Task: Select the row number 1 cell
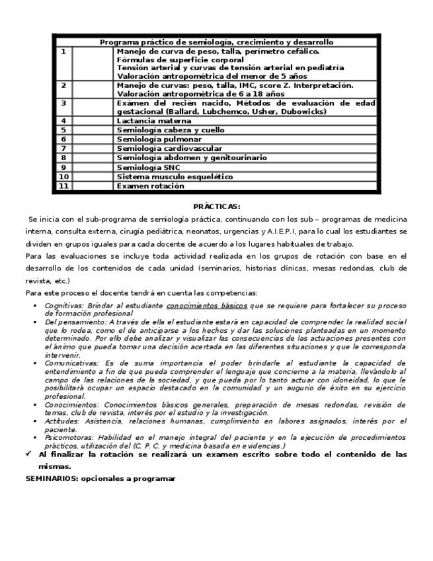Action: (63, 51)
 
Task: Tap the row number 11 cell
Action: (64, 187)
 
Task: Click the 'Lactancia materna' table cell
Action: (154, 121)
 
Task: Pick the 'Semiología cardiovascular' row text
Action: (169, 149)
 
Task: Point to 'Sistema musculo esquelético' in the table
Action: (175, 177)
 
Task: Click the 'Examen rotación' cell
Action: (151, 187)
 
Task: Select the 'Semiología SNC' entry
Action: (149, 168)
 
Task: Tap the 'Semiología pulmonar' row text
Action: (159, 140)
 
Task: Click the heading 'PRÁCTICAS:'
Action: (216, 206)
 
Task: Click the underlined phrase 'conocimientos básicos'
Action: (207, 306)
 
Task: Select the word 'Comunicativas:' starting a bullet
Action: (71, 363)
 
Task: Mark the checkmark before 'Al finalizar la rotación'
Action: (29, 454)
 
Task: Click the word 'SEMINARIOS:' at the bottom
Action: (48, 478)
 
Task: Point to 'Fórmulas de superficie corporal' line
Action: (180, 60)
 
